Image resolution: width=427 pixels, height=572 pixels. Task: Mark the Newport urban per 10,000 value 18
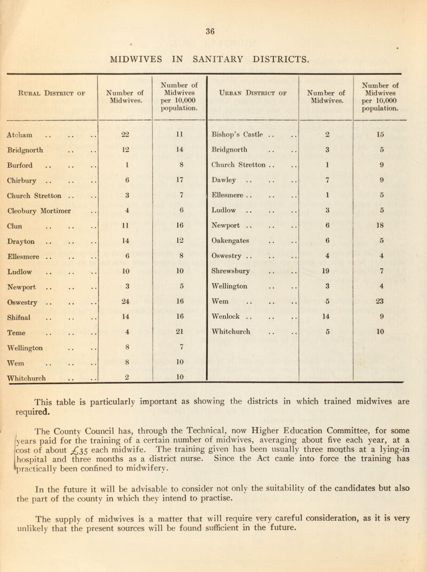(x=393, y=217)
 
